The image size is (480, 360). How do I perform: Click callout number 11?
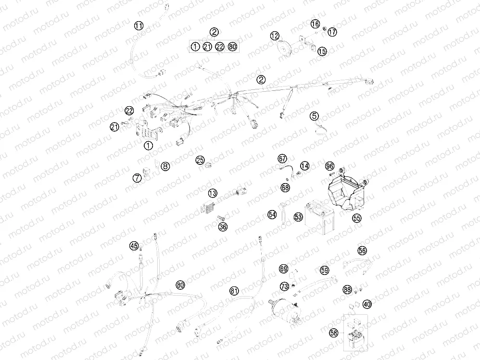click(x=139, y=25)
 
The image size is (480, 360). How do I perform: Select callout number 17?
click(x=332, y=32)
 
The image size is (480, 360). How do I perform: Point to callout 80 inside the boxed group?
click(x=233, y=47)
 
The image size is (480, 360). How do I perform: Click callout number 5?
click(x=314, y=116)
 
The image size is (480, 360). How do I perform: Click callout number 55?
click(x=356, y=218)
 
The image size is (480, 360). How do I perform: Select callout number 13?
click(x=213, y=193)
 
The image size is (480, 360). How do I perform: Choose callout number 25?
click(x=200, y=160)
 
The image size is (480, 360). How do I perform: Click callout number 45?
click(x=134, y=246)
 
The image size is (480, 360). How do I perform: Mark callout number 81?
click(x=234, y=291)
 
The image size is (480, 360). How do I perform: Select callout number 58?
click(x=334, y=333)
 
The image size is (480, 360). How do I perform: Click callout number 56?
click(x=362, y=250)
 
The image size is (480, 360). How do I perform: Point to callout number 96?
click(x=329, y=166)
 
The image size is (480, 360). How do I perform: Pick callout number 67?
click(x=282, y=159)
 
